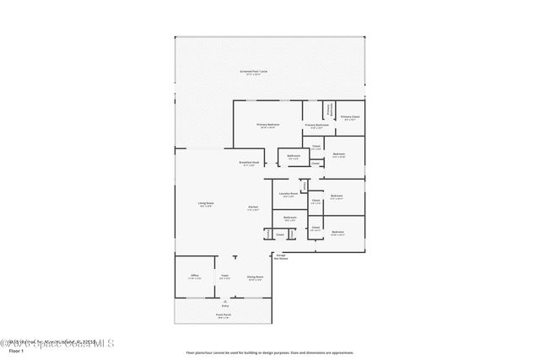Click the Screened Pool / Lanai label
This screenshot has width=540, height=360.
coord(252,72)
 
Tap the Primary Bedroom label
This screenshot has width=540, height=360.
coord(268,125)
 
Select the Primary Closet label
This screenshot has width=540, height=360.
coord(350,117)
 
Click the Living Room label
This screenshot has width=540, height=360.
coord(206,203)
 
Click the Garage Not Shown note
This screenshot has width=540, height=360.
coord(281,256)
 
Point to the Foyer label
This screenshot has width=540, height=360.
coord(225,277)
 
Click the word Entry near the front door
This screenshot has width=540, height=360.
coord(225,305)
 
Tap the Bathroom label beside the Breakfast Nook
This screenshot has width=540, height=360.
coord(294,155)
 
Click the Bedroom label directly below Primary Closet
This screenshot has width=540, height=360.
coord(338,154)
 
